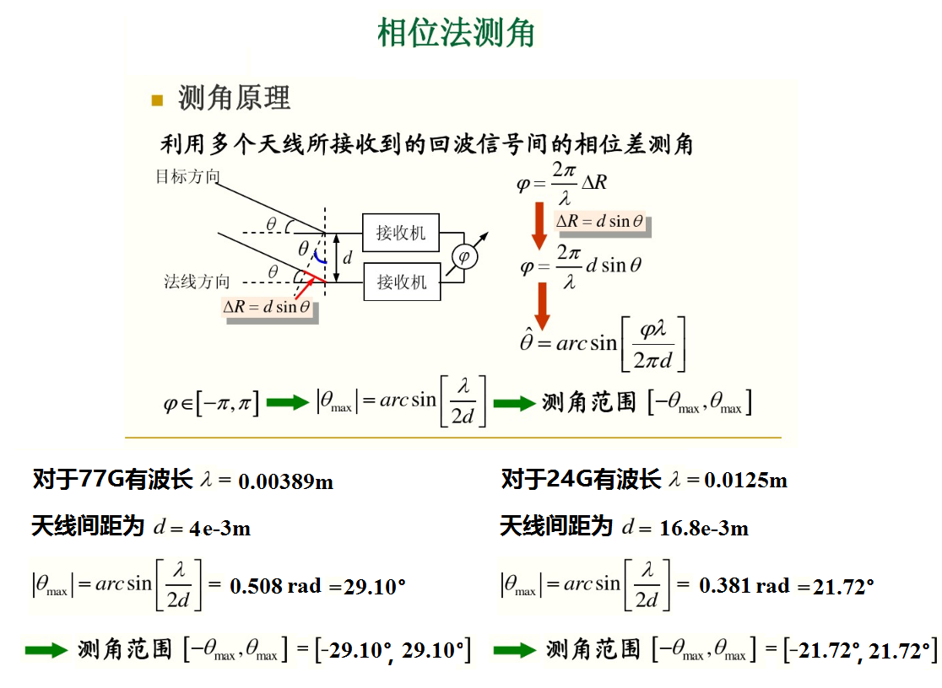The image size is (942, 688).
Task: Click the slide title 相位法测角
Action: click(x=456, y=34)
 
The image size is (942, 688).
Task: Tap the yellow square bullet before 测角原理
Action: click(x=157, y=100)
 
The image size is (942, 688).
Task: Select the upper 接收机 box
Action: click(x=401, y=233)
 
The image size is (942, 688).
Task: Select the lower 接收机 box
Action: click(x=401, y=281)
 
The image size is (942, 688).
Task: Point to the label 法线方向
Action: click(x=197, y=282)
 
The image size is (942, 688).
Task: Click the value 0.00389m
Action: click(x=285, y=482)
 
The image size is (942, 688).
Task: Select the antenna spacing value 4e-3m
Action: click(x=219, y=529)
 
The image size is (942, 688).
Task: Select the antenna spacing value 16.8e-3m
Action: click(x=704, y=529)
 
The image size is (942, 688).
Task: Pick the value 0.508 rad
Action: click(x=275, y=585)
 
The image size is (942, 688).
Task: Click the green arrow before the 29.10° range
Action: click(x=46, y=650)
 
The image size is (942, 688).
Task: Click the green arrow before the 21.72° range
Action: click(x=514, y=650)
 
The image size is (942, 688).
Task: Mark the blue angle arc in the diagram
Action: click(x=318, y=254)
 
